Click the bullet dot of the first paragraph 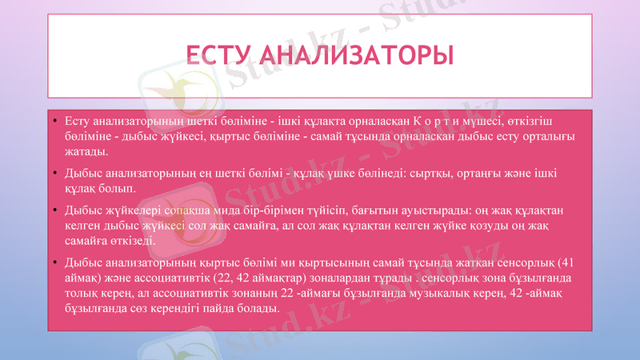coord(54,122)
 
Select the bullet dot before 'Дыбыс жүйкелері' coord(54,210)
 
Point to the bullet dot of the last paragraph coord(54,262)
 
